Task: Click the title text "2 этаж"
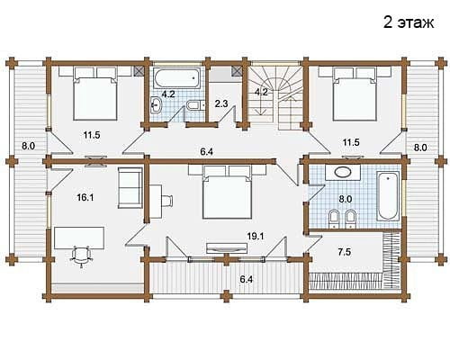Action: click(409, 22)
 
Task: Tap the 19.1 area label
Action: click(256, 237)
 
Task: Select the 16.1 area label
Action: click(85, 197)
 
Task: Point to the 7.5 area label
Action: click(344, 252)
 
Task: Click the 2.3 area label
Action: click(221, 103)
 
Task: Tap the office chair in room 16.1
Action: click(81, 255)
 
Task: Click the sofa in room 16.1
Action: click(130, 188)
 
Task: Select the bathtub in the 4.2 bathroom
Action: click(176, 78)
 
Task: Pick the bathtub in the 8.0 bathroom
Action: click(388, 195)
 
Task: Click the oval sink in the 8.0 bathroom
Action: click(343, 172)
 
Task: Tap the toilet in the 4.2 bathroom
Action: click(195, 105)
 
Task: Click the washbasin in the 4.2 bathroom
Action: click(156, 105)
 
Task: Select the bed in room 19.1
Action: click(227, 192)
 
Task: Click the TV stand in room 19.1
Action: click(227, 247)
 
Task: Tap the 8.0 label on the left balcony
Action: click(28, 147)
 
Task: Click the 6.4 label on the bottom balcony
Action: click(246, 280)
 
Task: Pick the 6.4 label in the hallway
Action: click(207, 152)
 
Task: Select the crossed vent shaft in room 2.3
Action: click(237, 71)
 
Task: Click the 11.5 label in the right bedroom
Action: click(351, 142)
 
